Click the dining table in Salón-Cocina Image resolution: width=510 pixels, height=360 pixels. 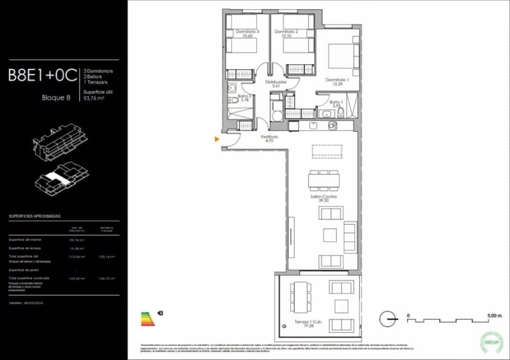tap(324, 180)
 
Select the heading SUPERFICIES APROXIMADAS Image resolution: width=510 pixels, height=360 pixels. tap(35, 217)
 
